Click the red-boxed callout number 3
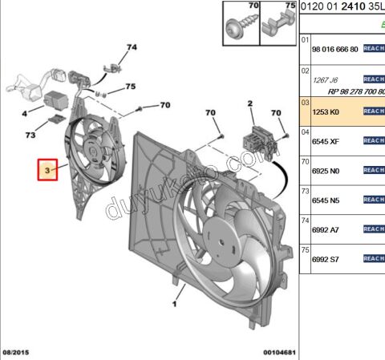[48, 171]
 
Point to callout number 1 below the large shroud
[174, 305]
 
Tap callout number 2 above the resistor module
[249, 103]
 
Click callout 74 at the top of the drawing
[131, 48]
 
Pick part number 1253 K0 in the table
[326, 111]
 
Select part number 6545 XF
[326, 140]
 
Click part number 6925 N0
[326, 170]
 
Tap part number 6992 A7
[326, 229]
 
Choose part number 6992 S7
[326, 259]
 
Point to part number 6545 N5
[326, 200]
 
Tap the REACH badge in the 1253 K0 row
[374, 111]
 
